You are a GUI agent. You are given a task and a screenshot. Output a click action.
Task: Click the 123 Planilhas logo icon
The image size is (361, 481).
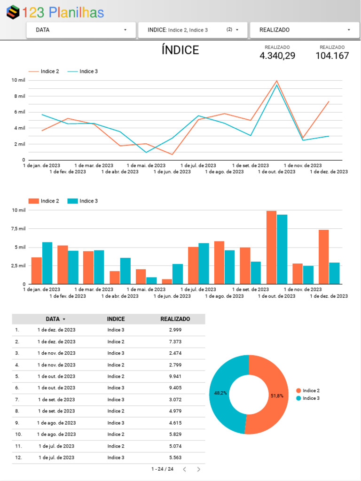[13, 12]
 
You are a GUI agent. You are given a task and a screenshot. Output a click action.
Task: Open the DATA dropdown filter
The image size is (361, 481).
[81, 30]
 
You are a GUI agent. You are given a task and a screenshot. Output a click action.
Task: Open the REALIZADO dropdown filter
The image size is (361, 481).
[305, 30]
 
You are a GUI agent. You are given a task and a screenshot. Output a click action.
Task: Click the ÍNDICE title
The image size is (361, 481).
[180, 50]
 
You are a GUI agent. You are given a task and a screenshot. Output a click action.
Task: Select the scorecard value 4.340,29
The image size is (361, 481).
[277, 56]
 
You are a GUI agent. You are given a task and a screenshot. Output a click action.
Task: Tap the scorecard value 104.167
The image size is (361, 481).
[332, 56]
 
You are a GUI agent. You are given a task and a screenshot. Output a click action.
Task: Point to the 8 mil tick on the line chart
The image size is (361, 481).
[19, 96]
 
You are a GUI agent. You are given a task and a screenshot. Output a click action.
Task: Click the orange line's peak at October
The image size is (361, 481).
[277, 81]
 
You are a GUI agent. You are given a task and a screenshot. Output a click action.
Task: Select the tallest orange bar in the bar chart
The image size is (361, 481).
[271, 247]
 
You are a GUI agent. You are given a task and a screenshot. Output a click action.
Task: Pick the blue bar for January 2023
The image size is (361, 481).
[47, 263]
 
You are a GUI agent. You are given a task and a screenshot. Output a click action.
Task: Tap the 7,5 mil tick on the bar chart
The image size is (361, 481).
[19, 229]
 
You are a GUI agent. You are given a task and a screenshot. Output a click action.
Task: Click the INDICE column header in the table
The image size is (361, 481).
[116, 319]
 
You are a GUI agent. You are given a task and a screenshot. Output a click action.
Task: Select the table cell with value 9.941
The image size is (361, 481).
[175, 376]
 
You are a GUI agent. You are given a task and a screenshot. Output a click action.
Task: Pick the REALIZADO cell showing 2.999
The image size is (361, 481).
[175, 330]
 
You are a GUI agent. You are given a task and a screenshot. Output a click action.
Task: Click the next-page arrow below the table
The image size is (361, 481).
[198, 469]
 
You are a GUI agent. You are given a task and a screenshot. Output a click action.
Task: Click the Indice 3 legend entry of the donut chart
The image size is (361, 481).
[311, 398]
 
